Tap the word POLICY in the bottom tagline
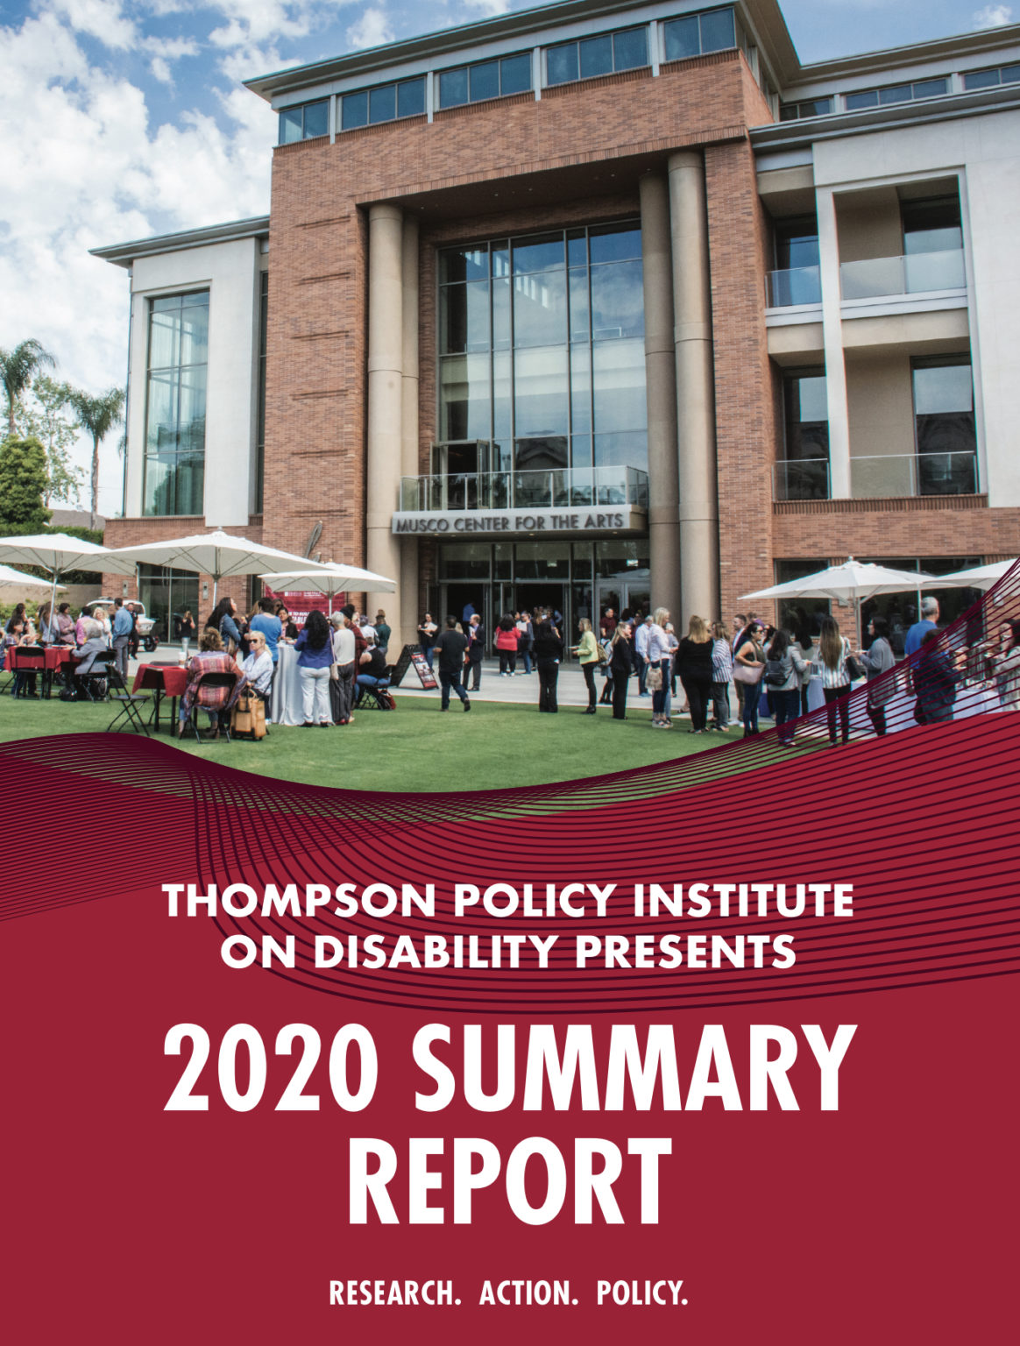[x=641, y=1293]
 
